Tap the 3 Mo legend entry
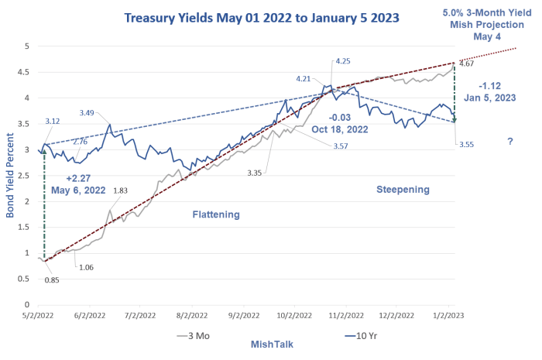(197, 336)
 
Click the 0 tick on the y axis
(26, 304)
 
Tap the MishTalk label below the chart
(271, 343)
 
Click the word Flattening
(216, 214)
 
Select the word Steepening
(402, 189)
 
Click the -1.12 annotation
(492, 85)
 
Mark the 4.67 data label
(466, 63)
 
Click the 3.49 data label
(87, 113)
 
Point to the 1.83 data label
(120, 190)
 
